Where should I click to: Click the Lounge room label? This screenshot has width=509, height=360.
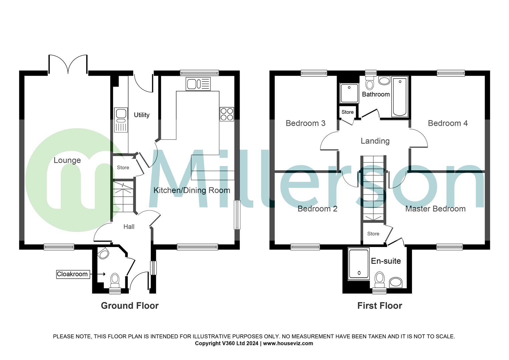coord(67,160)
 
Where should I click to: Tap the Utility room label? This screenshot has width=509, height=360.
coord(142,115)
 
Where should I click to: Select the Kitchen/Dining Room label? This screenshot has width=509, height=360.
coord(192,190)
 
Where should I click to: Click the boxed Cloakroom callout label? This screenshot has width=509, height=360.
coord(72,274)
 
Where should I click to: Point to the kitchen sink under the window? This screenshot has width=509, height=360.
coord(198,84)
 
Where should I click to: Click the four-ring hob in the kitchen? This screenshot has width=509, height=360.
coord(227,114)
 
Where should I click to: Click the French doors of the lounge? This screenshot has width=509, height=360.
coord(68,64)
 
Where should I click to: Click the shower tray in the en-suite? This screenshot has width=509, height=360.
coord(359,264)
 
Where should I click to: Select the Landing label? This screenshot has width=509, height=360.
coord(375,141)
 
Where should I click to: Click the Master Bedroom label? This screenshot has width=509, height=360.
coord(435,209)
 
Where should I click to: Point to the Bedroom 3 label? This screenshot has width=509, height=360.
coord(305,123)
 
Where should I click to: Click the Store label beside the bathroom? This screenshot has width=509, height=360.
coord(347,112)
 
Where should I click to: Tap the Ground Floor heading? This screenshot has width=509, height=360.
coord(130,306)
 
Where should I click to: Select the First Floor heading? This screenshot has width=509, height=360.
coord(380,306)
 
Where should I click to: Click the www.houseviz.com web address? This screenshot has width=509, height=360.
coord(288,343)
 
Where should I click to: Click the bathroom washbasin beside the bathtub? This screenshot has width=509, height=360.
coord(384,81)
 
